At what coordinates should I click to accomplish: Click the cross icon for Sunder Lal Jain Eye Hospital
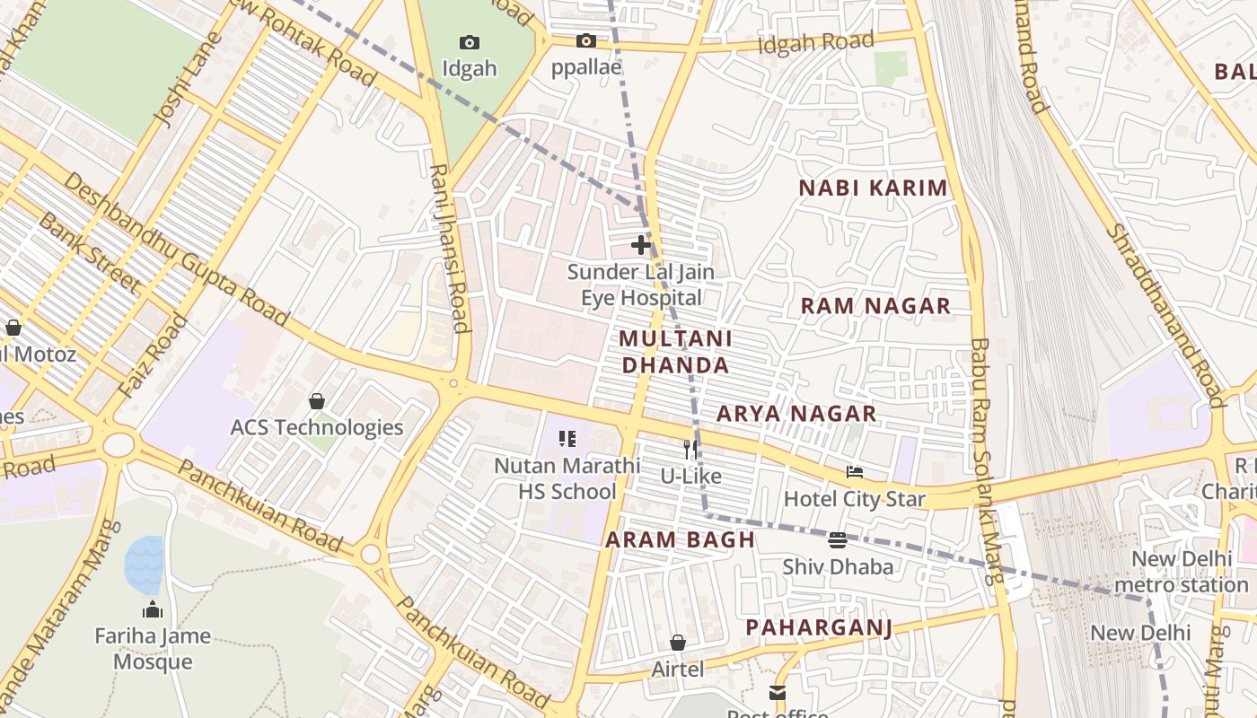point(641,244)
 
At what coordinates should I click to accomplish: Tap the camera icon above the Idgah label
point(469,42)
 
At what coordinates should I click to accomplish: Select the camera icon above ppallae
point(585,40)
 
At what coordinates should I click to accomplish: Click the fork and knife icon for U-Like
point(690,449)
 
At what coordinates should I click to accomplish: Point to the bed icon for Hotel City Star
point(855,471)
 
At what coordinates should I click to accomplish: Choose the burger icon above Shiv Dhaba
point(838,539)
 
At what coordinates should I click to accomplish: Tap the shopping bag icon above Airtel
point(678,643)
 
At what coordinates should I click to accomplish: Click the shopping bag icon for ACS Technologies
point(316,400)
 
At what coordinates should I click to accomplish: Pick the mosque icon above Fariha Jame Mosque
point(153,609)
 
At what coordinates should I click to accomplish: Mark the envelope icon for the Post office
point(777,693)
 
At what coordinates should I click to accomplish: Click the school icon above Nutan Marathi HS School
point(567,439)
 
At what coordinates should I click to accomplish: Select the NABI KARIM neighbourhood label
point(873,188)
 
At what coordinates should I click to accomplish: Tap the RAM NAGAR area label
point(875,306)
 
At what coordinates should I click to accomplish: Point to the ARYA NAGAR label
point(796,414)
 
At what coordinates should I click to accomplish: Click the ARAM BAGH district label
point(680,539)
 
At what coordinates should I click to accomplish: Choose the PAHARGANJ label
point(818,627)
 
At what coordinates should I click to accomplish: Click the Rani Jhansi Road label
point(448,248)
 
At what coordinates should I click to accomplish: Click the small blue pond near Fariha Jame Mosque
point(145,565)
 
